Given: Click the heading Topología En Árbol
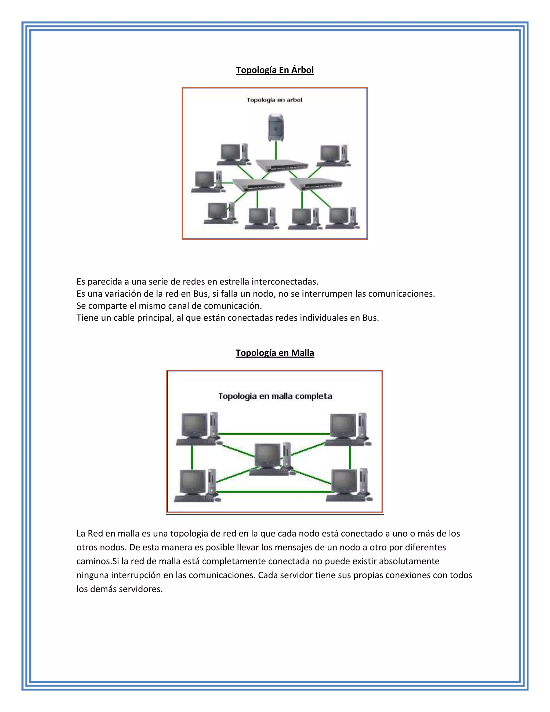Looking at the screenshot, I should click(275, 70).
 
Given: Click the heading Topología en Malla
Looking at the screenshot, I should click(275, 353).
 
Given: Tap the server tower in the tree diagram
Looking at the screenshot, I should click(275, 127).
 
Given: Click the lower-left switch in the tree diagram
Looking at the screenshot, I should click(258, 185).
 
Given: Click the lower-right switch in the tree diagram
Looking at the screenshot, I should click(316, 184).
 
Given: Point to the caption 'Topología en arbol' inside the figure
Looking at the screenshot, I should click(274, 100).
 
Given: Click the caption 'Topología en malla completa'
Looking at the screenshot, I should click(275, 396).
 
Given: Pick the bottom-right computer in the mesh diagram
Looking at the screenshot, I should click(349, 485).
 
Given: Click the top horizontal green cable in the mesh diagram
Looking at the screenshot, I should click(274, 434).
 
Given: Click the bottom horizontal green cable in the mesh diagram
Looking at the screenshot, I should click(274, 491).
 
